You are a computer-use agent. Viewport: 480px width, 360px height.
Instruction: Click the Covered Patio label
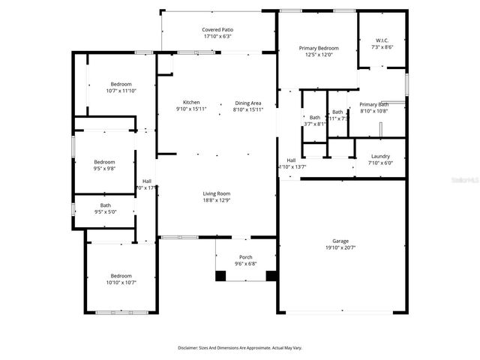pyautogui.click(x=217, y=28)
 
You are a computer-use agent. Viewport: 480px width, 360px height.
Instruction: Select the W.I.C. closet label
pyautogui.click(x=381, y=40)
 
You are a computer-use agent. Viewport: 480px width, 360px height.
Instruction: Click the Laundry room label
pyautogui.click(x=380, y=156)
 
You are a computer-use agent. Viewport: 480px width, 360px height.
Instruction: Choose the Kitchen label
pyautogui.click(x=191, y=103)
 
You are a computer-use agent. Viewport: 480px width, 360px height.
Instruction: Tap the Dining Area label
pyautogui.click(x=248, y=103)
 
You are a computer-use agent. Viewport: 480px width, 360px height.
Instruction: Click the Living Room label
pyautogui.click(x=217, y=193)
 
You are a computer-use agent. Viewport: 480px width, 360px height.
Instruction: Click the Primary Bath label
pyautogui.click(x=373, y=104)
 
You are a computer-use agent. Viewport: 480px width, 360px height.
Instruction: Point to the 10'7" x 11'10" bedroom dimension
pyautogui.click(x=121, y=91)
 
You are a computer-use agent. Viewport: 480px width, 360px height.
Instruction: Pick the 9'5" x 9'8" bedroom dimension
pyautogui.click(x=104, y=169)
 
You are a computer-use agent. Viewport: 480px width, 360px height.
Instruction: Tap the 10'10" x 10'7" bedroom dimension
pyautogui.click(x=121, y=283)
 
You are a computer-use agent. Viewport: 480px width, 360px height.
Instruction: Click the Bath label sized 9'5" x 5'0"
pyautogui.click(x=106, y=205)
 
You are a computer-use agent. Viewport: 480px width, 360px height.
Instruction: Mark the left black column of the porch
pyautogui.click(x=220, y=275)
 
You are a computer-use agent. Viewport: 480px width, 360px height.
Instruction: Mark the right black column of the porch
pyautogui.click(x=271, y=275)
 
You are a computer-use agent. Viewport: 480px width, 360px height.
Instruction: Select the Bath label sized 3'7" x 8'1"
pyautogui.click(x=316, y=118)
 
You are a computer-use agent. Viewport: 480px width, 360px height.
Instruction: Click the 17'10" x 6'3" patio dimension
pyautogui.click(x=217, y=36)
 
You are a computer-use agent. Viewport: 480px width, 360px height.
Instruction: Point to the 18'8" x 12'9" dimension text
pyautogui.click(x=217, y=200)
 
